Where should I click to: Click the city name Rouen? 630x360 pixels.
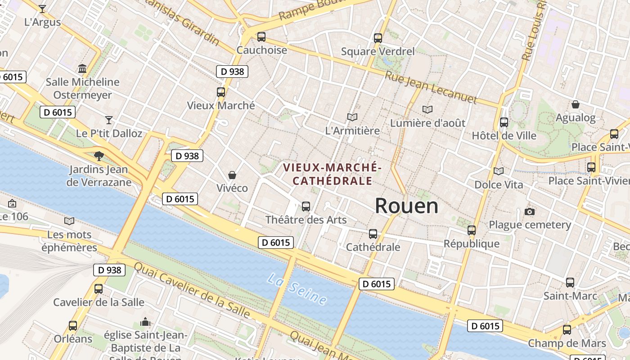(x=406, y=206)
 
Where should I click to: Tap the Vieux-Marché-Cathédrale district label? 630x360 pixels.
(x=332, y=174)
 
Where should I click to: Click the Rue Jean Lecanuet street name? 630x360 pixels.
(x=430, y=87)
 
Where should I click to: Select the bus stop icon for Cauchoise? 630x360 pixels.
(x=261, y=37)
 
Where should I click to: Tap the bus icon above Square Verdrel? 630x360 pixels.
(x=378, y=38)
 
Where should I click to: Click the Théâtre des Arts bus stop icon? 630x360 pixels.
(x=306, y=207)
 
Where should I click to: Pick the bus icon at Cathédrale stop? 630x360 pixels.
(x=373, y=234)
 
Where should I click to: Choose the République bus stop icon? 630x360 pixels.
(x=472, y=230)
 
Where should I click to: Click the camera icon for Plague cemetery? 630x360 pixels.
(x=530, y=211)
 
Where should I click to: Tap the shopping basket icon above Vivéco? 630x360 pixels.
(x=232, y=175)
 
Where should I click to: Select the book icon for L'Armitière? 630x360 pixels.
(x=352, y=117)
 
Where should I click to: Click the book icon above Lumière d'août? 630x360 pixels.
(x=427, y=109)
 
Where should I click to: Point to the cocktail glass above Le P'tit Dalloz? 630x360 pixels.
(x=109, y=120)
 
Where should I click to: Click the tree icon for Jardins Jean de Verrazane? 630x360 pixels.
(x=99, y=156)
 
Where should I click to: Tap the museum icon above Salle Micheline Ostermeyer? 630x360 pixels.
(x=82, y=69)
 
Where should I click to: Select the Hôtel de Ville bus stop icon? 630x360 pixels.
(x=504, y=122)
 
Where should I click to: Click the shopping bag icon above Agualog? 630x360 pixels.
(x=575, y=105)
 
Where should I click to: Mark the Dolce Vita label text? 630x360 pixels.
(x=499, y=184)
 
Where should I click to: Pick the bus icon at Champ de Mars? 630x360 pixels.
(x=567, y=330)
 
